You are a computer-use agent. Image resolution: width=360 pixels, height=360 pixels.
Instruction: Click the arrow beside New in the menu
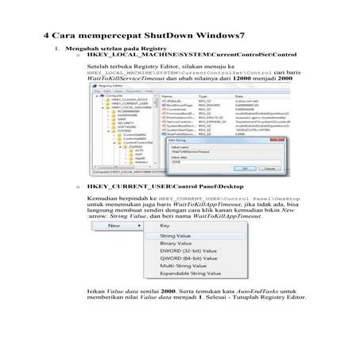[136, 226]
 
